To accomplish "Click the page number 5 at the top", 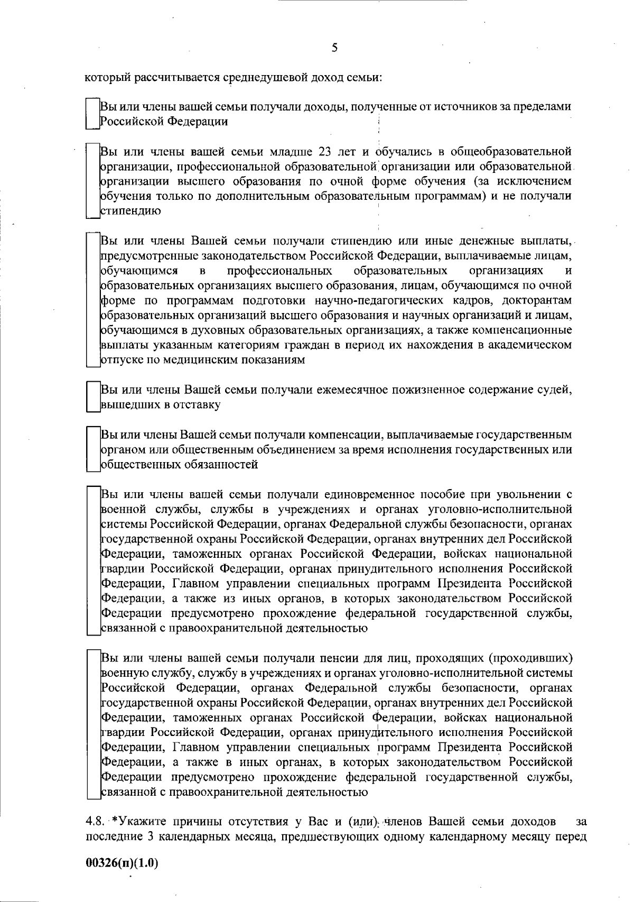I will tap(334, 48).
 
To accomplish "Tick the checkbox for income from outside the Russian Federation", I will tap(93, 113).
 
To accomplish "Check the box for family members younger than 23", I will tap(93, 180).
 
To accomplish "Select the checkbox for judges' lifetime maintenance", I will tap(93, 397).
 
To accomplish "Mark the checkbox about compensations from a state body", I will tap(93, 449).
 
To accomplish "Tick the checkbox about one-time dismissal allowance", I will tap(93, 560).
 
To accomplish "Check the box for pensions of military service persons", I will tap(93, 724).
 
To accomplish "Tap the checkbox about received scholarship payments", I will tap(93, 300).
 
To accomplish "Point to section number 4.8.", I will tap(95, 822).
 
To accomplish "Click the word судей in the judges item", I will tap(556, 390).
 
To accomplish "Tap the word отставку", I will tap(196, 405).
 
